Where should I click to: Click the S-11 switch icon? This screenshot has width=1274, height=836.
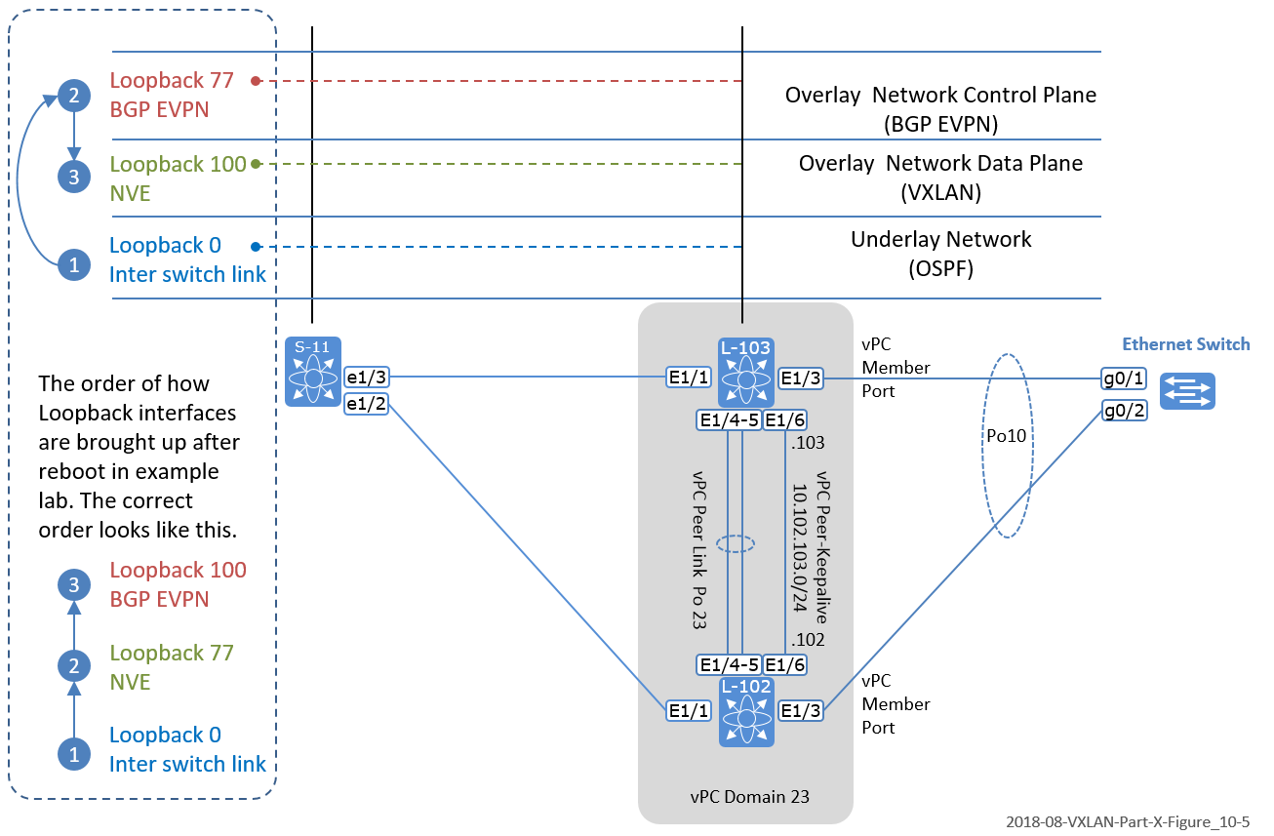coord(313,372)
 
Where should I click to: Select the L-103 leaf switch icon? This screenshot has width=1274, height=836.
coord(746,373)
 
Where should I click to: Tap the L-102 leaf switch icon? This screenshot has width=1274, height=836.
coord(747,712)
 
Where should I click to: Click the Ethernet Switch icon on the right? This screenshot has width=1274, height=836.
coord(1187,391)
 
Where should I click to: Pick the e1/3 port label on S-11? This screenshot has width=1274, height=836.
coord(367,375)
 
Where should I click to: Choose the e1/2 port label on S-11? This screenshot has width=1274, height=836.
coord(367,403)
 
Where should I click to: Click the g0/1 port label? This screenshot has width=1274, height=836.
coord(1125,378)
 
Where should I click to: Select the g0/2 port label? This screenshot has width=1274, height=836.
coord(1125,410)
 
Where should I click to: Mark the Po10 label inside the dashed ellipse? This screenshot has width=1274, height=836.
coord(1006,436)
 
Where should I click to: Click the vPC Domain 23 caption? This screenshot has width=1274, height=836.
coord(746,796)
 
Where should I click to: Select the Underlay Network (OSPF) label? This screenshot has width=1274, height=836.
coord(940,252)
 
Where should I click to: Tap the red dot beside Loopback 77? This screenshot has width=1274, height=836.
coord(255,80)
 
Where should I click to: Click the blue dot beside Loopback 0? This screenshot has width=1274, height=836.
coord(255,246)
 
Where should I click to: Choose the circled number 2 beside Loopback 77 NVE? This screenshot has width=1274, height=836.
coord(73,667)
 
